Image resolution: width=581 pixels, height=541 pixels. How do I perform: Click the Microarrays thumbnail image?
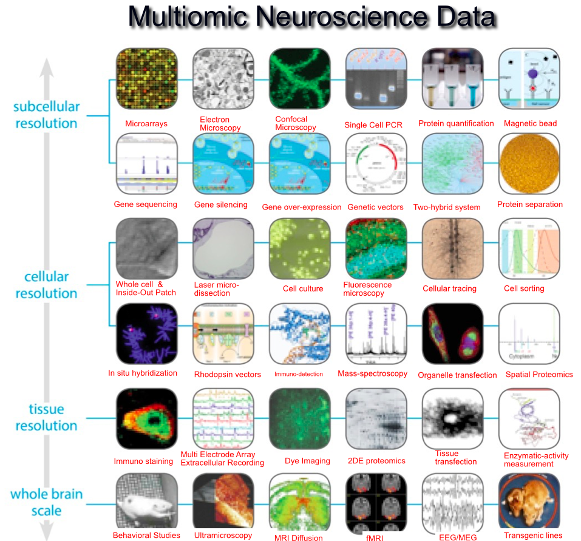(146, 79)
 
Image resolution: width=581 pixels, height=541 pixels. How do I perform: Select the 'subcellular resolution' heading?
(46, 115)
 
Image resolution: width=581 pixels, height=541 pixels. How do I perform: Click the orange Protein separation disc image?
(529, 164)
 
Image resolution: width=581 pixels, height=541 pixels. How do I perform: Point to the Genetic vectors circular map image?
(375, 164)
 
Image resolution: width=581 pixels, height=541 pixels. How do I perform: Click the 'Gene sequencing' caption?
(146, 204)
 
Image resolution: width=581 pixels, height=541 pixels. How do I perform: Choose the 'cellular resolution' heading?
(46, 285)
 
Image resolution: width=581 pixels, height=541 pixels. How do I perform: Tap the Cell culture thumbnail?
(299, 249)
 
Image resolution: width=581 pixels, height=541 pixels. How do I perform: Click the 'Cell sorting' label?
(524, 288)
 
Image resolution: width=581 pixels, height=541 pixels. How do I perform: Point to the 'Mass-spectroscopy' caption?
(372, 373)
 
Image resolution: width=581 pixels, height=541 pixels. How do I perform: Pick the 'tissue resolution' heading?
(46, 418)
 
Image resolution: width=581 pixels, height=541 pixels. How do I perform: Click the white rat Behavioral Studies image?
(146, 503)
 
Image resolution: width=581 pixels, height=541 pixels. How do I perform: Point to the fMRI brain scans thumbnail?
(375, 503)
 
